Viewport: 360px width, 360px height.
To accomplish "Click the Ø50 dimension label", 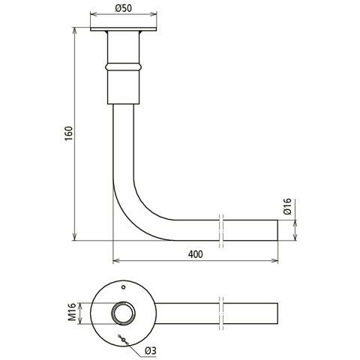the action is (123, 8).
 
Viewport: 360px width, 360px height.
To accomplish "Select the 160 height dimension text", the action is (68, 133).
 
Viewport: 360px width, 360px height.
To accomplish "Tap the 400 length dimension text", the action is (196, 254).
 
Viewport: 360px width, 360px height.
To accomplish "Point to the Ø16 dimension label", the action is (287, 206).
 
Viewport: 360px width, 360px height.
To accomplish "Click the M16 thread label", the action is (72, 312).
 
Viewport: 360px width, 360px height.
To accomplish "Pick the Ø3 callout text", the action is (151, 351).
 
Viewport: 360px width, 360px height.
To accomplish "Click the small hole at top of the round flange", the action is (123, 287).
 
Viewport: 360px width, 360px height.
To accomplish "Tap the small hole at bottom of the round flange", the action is (123, 340).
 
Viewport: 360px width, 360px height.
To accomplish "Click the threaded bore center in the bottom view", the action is (123, 313).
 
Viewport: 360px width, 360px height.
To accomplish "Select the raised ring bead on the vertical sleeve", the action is (124, 67).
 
